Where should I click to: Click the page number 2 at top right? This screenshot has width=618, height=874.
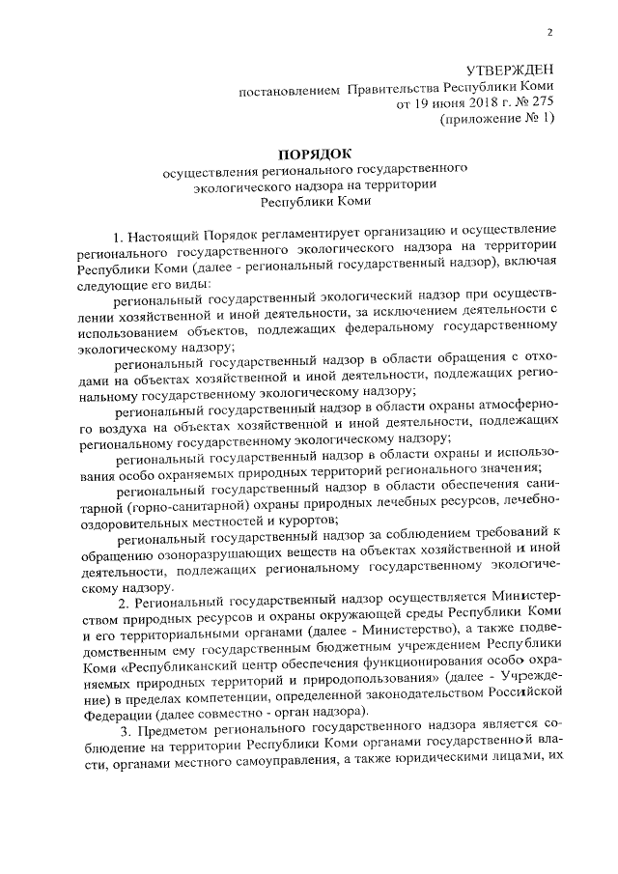coord(549,31)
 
